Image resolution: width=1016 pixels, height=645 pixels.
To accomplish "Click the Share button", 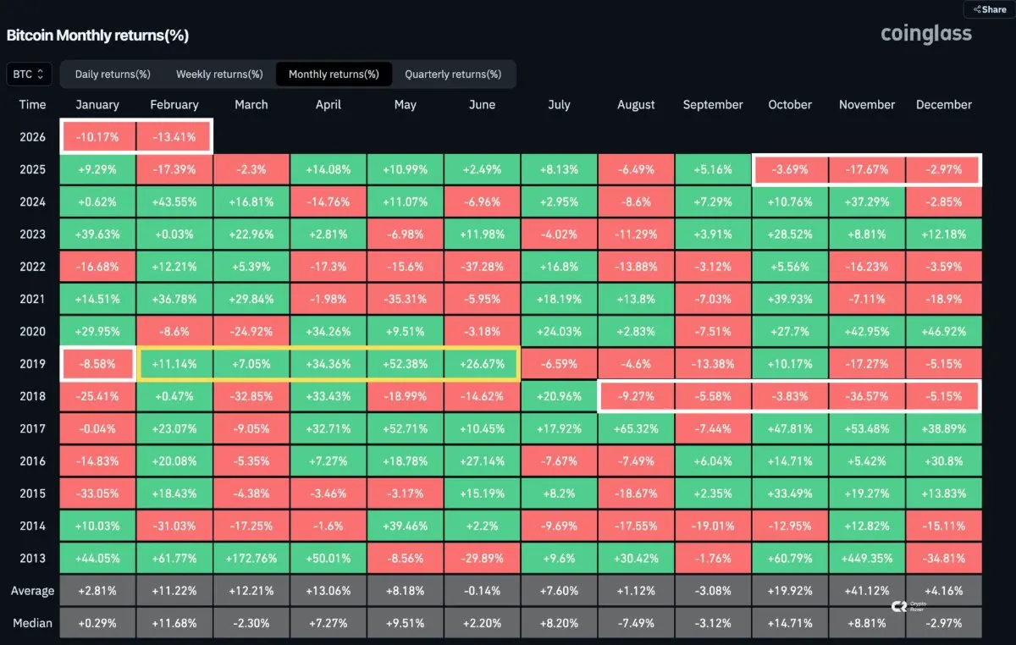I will tap(990, 9).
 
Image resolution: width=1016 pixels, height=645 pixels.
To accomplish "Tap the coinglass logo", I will tap(925, 34).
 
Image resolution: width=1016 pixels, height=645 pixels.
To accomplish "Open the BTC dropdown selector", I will tap(29, 74).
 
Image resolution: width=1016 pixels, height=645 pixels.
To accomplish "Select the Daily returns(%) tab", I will tap(113, 74).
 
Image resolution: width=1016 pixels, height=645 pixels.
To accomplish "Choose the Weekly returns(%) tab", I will tap(219, 74).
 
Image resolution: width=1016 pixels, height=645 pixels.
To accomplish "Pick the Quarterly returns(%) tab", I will tap(453, 74).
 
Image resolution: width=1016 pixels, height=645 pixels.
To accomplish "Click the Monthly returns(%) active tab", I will tap(334, 74).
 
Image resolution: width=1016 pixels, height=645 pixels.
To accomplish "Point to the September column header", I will tap(713, 105).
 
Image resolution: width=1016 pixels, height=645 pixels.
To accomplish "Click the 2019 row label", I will tap(32, 364).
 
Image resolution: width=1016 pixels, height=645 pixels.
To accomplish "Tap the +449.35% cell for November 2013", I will tap(866, 559).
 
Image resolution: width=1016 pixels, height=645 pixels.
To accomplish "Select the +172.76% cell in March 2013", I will tap(251, 559).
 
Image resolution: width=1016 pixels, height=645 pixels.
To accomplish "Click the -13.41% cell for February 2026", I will tap(174, 137).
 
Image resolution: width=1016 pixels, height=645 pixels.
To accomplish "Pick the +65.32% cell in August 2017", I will tap(636, 429).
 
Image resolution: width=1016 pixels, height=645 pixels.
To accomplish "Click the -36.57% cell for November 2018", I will tap(866, 396).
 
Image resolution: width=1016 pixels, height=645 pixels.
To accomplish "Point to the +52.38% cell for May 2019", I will tap(405, 364).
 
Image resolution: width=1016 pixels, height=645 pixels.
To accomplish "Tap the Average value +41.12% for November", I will tap(866, 591).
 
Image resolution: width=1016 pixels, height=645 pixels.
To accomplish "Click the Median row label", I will tap(32, 623).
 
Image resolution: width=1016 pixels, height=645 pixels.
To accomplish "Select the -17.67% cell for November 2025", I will tap(866, 169).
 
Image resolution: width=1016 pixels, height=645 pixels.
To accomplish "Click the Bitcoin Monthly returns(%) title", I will tap(97, 36).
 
